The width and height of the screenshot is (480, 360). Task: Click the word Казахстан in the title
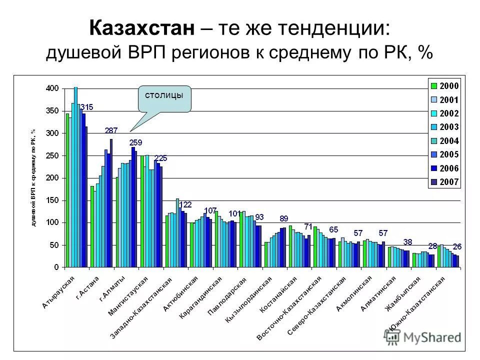(142, 28)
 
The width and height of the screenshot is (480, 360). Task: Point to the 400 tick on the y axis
(53, 88)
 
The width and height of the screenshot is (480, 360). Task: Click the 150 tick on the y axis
(53, 200)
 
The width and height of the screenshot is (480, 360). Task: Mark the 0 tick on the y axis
(56, 267)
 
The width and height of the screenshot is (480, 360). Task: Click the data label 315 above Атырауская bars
(86, 107)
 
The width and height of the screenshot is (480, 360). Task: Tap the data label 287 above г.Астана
(111, 130)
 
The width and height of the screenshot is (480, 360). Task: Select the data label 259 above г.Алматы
(135, 142)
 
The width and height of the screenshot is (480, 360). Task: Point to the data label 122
(185, 204)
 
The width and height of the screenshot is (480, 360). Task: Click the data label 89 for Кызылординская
(284, 218)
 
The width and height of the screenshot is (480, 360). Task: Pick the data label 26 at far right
(456, 246)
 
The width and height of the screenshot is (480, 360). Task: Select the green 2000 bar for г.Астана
(92, 226)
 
